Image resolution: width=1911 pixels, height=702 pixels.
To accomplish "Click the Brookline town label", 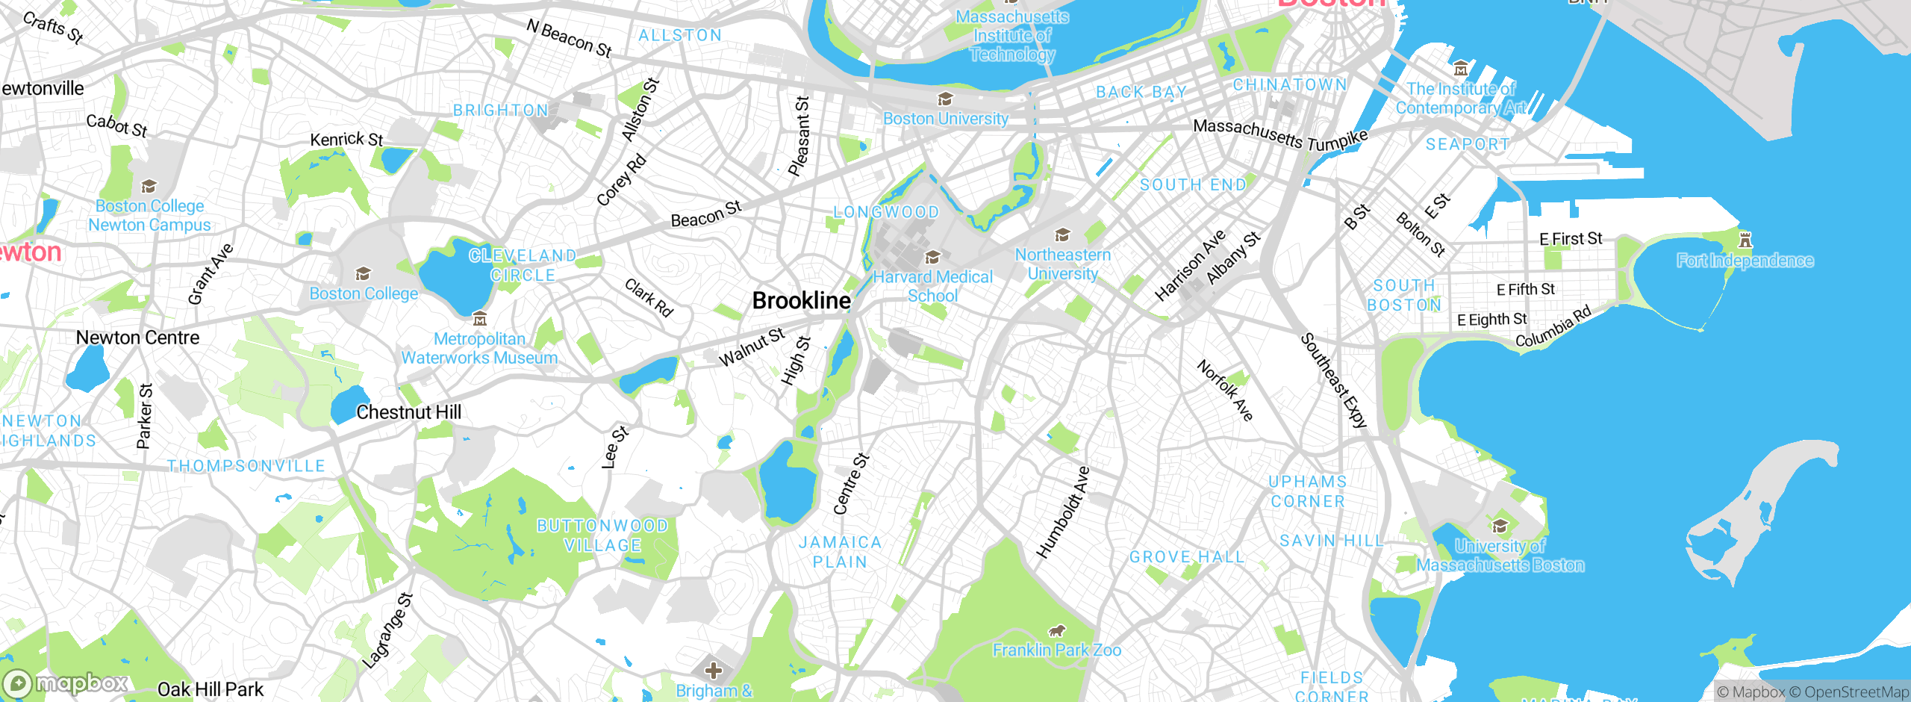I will pos(801,300).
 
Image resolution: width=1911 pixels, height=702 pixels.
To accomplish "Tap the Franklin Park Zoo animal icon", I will pos(1057,631).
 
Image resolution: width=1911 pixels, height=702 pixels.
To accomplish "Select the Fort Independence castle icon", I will pos(1745,240).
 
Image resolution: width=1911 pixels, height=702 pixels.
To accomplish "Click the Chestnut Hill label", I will pos(408,412).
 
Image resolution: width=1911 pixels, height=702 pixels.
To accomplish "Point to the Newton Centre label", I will pos(137,338).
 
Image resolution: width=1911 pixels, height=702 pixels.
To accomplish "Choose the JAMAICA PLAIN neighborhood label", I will pos(840,552).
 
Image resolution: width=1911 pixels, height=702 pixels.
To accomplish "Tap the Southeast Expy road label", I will pos(1334,380).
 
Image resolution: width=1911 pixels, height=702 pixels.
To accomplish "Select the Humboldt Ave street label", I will pos(1063,512).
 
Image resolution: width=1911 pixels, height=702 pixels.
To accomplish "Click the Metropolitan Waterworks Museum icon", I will pos(480,319).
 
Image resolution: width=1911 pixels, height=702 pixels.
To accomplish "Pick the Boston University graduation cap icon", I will pos(945,99).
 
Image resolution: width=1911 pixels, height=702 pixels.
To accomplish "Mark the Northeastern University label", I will pos(1062,264).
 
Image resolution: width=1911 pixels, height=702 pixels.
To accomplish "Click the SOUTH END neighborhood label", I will pos(1193,184).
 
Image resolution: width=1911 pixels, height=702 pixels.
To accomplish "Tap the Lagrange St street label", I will pos(387,630).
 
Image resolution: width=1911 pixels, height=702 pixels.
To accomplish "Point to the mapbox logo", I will pos(66,683).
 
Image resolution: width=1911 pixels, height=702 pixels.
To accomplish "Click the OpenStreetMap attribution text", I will pos(1849,692).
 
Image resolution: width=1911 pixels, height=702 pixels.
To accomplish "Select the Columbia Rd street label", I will pos(1553,326).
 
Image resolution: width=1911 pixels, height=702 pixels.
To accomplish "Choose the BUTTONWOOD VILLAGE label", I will pos(602,535).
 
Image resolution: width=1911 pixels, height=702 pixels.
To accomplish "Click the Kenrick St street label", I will pos(346,139).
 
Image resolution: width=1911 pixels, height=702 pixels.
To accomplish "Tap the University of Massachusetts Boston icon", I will pos(1500,526).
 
